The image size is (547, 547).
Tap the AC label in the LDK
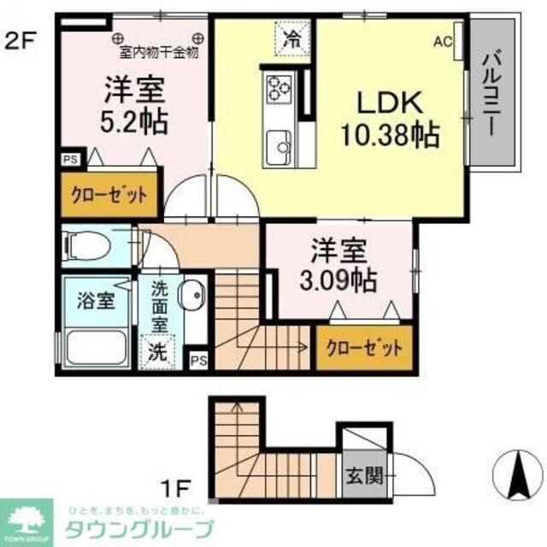click(x=443, y=40)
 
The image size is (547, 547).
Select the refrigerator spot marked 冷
click(x=292, y=38)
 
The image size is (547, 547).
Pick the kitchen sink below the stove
click(x=279, y=143)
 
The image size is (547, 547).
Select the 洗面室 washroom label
click(x=160, y=308)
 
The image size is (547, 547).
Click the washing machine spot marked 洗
click(x=159, y=350)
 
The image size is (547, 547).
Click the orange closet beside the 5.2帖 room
click(x=109, y=194)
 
